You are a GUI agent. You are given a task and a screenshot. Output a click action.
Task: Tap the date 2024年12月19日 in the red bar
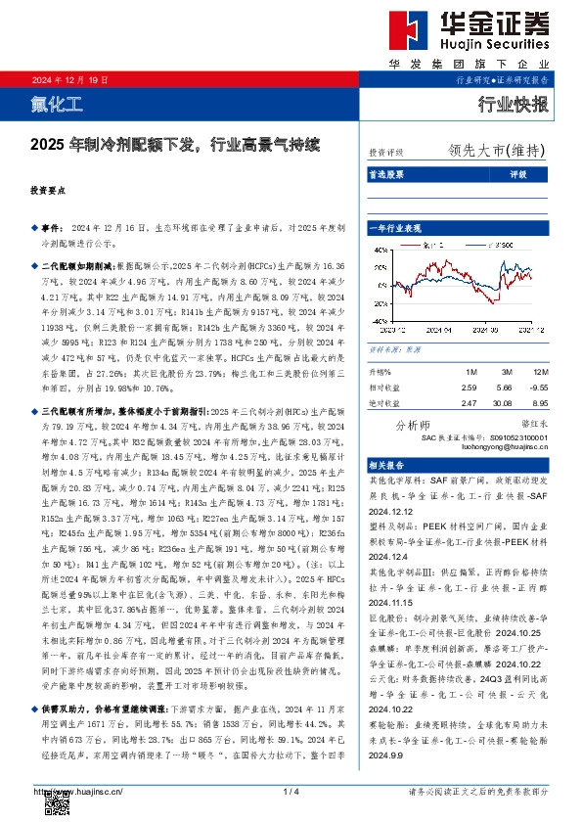[x=69, y=80]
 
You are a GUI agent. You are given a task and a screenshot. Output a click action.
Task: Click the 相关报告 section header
[x=388, y=464]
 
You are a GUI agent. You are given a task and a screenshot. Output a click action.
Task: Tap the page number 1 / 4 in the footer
[x=290, y=791]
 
